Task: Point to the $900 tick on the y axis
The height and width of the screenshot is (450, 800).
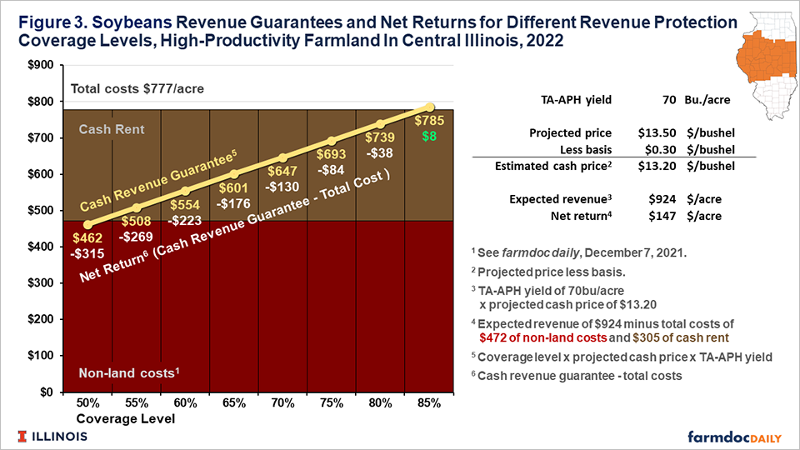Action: point(42,66)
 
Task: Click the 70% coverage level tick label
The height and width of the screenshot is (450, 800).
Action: point(282,402)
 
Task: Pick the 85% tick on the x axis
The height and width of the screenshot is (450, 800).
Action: point(428,402)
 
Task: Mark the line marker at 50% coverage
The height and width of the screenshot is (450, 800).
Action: point(87,224)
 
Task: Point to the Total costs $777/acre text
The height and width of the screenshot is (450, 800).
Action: point(137,89)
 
